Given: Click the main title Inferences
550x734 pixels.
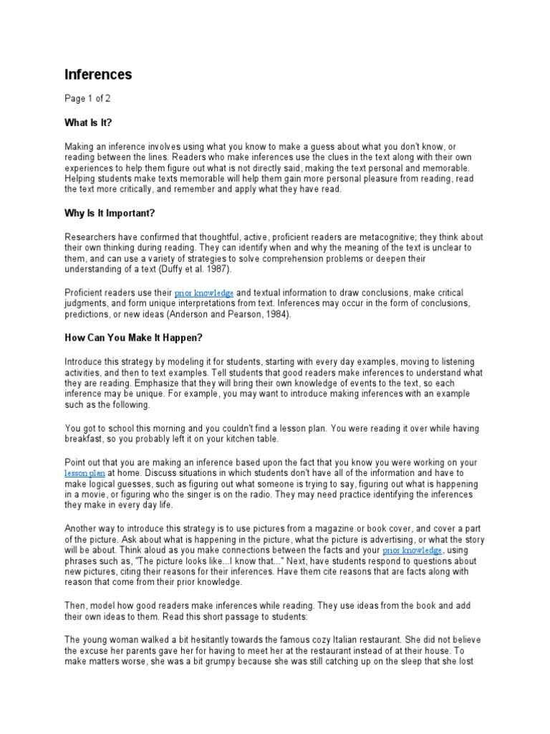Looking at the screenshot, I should tap(98, 75).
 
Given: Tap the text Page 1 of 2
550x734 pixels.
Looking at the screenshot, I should tap(87, 98).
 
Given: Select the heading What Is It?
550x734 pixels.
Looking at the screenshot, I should tap(89, 122).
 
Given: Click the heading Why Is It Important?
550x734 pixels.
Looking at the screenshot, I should tap(110, 214).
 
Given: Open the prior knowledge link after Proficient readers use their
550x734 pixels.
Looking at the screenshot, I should tap(204, 293).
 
